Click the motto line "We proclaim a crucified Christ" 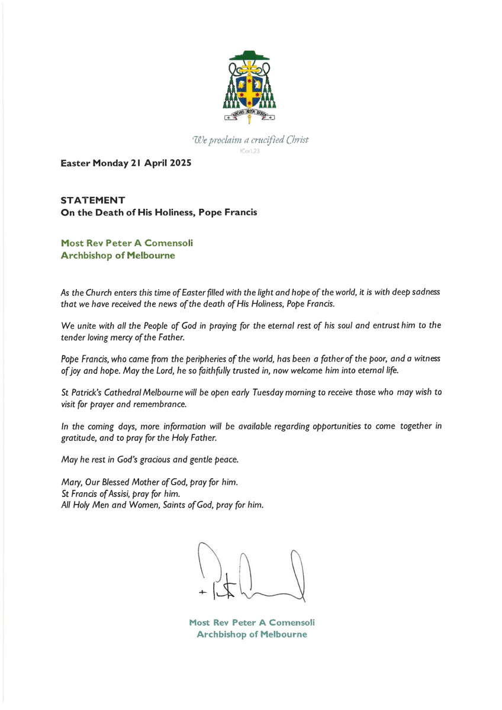coord(250,140)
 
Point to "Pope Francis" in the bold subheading coord(231,212)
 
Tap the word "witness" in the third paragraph coord(425,359)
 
